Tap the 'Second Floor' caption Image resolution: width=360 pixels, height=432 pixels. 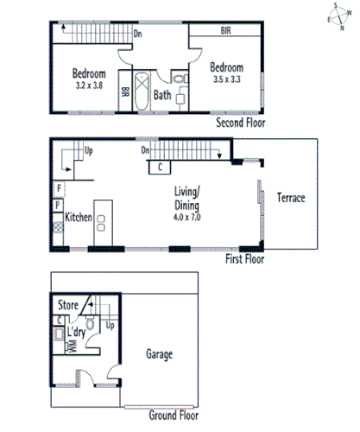(241, 124)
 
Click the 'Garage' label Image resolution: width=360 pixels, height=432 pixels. (159, 355)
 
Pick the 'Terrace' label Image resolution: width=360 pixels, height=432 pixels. (290, 198)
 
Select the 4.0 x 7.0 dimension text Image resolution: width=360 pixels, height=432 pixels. (186, 219)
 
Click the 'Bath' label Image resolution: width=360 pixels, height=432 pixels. (162, 95)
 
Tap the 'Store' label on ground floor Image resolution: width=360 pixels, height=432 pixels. (67, 305)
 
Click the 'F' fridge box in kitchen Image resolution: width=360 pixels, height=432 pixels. (58, 187)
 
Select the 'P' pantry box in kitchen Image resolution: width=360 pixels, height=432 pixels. (58, 205)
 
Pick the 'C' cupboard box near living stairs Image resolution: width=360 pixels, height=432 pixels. (160, 168)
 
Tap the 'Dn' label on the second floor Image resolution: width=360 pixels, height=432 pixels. (137, 35)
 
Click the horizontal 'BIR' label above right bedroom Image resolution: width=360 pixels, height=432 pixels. (225, 30)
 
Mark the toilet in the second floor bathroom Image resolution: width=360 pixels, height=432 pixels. (180, 80)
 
